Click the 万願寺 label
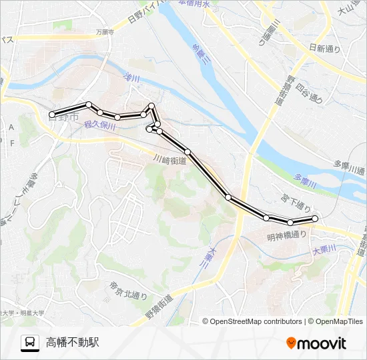pyautogui.click(x=105, y=31)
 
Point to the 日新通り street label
pyautogui.click(x=325, y=49)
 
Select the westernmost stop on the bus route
pyautogui.click(x=53, y=115)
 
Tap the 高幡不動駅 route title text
pyautogui.click(x=73, y=343)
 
